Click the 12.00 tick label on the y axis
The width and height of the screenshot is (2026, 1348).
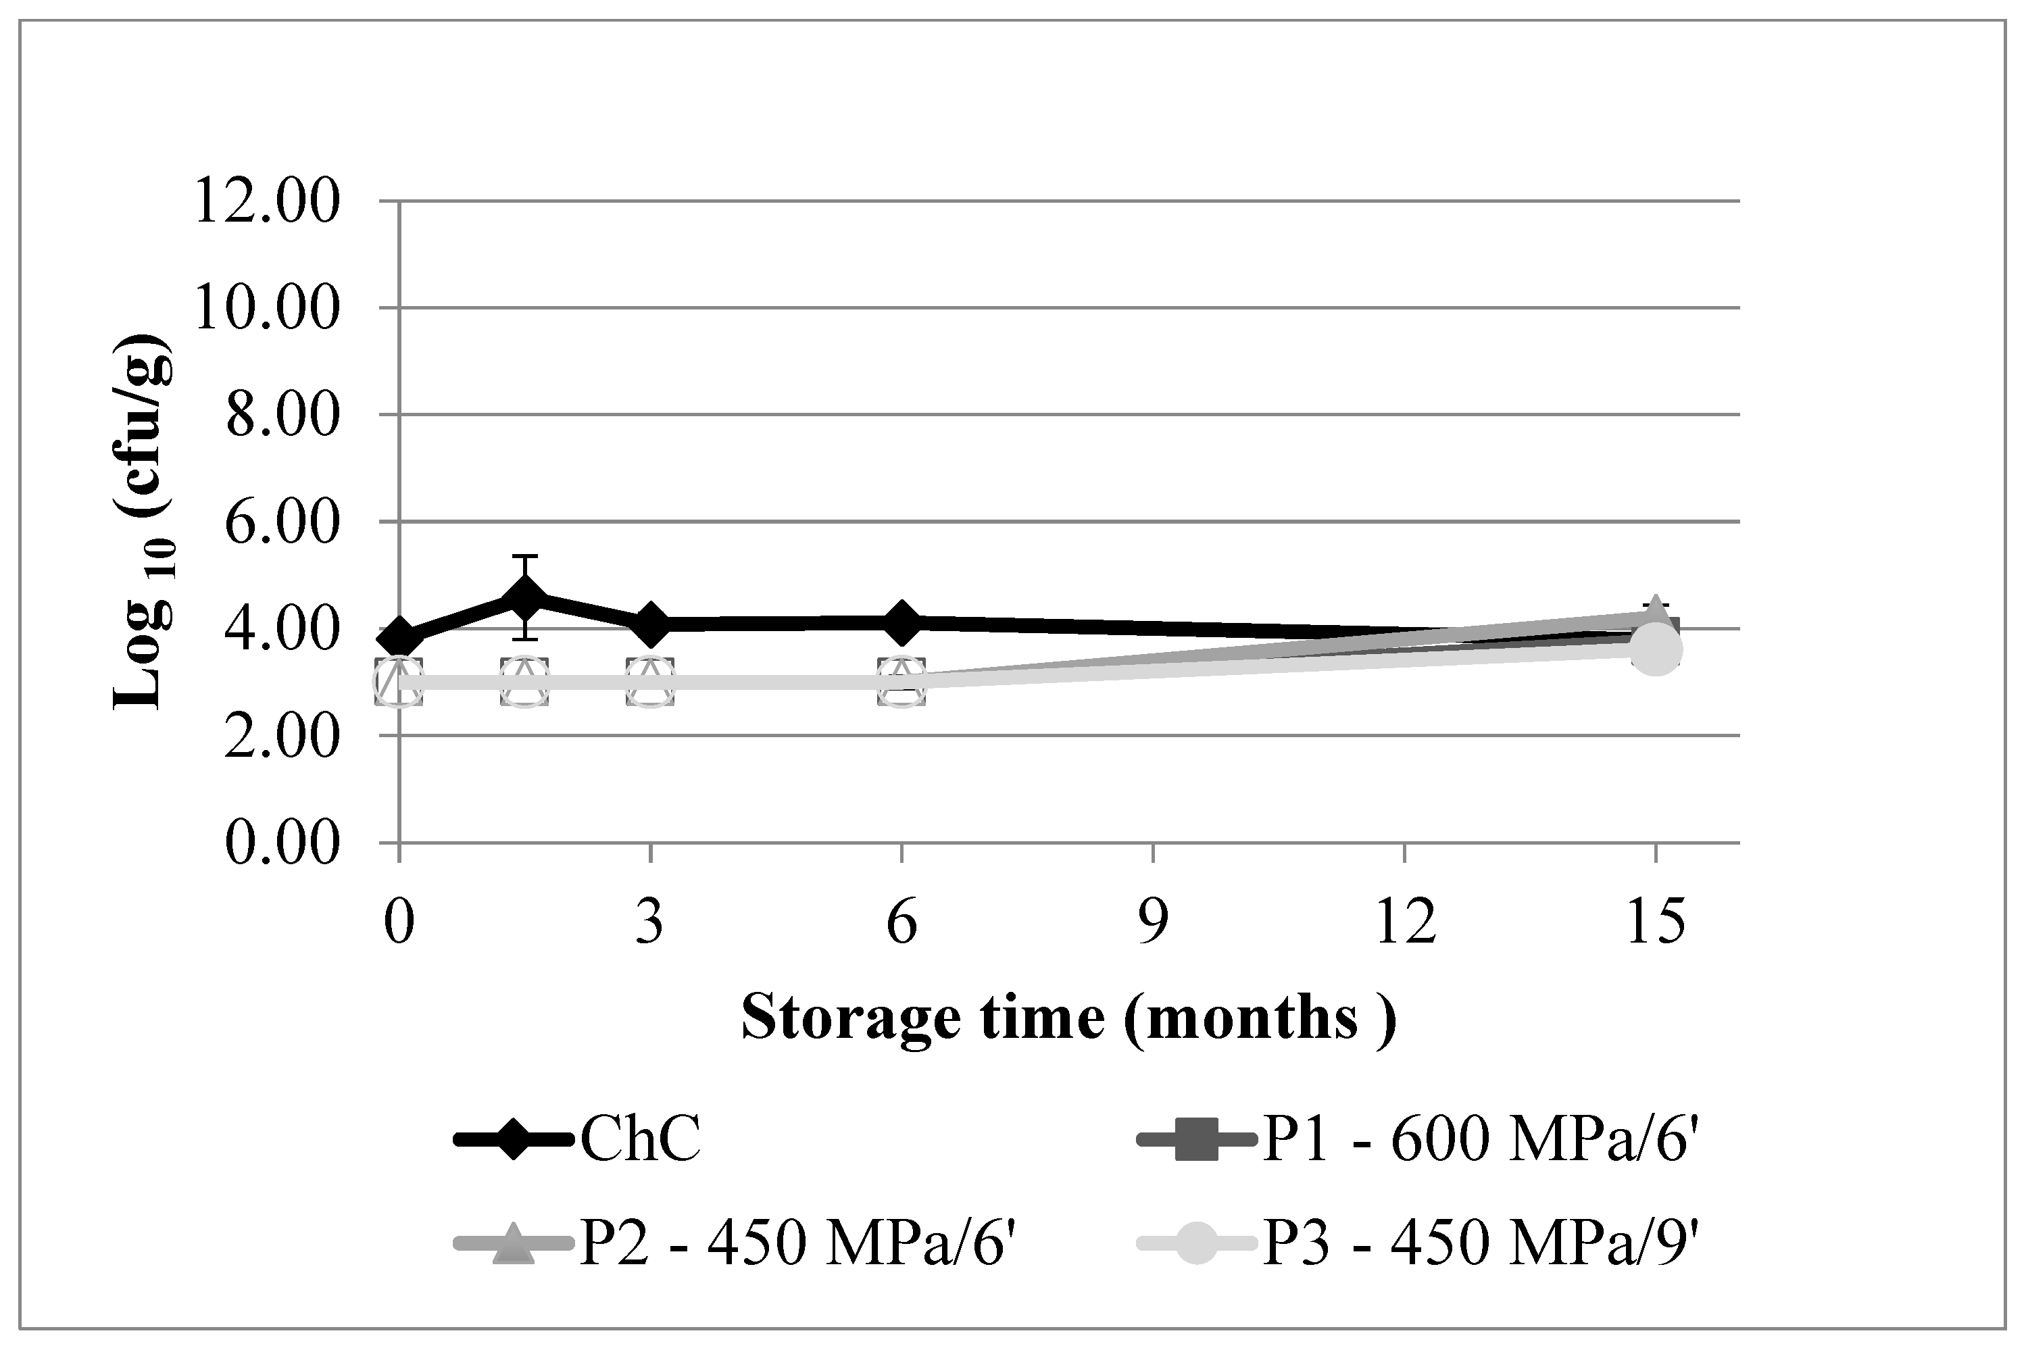(268, 203)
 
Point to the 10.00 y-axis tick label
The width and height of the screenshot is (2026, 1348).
(268, 309)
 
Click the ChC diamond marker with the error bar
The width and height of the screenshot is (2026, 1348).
(524, 599)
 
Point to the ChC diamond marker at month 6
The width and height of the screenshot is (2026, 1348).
(901, 622)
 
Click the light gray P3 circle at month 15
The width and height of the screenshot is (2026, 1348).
(1656, 650)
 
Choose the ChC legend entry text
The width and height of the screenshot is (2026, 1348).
(641, 1141)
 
